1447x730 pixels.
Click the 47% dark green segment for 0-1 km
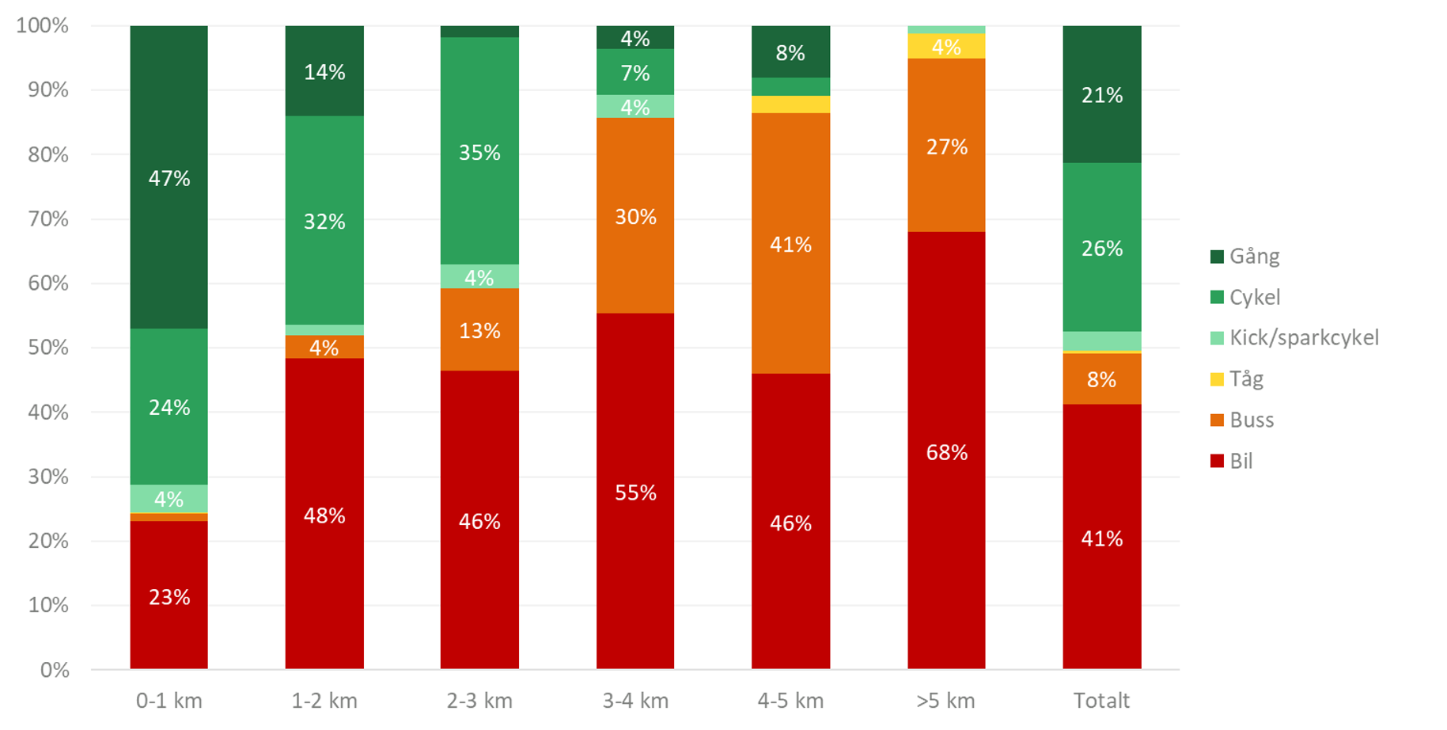coord(169,177)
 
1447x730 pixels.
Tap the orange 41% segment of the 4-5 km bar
coord(790,243)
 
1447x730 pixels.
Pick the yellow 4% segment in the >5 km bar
coord(946,47)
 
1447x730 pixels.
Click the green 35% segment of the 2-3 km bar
coord(479,151)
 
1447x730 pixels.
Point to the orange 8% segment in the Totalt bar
coord(1101,378)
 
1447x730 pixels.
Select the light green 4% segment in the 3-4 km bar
coord(635,107)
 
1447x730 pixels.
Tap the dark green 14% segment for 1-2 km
coord(324,71)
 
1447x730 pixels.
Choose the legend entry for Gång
coord(1254,256)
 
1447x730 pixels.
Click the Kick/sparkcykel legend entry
coord(1303,338)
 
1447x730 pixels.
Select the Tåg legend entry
coord(1246,379)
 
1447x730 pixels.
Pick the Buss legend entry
coord(1251,420)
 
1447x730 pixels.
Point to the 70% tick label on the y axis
coord(48,219)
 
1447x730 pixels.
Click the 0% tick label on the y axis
coord(54,670)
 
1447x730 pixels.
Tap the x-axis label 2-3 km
coord(479,701)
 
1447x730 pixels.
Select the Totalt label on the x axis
coord(1101,701)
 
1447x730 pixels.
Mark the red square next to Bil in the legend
coord(1217,461)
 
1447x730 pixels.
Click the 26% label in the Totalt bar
coord(1101,248)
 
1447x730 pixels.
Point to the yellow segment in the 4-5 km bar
coord(790,105)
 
